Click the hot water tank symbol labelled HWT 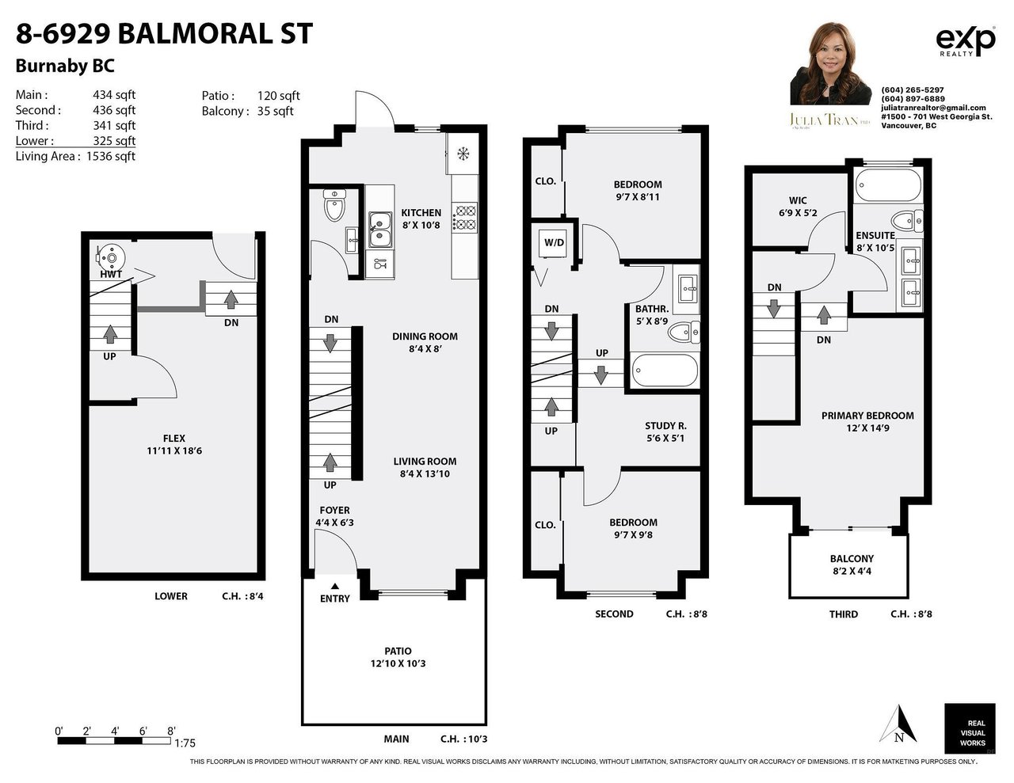(111, 257)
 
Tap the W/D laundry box (554, 243)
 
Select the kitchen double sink (380, 230)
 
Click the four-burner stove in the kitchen (465, 219)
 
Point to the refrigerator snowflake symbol (463, 154)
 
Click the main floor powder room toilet (334, 205)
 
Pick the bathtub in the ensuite (889, 185)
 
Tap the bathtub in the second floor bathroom (665, 371)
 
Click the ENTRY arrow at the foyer (335, 586)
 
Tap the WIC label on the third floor (798, 200)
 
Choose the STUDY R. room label (665, 426)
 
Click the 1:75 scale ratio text (185, 743)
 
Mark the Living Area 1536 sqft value (111, 156)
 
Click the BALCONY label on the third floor (852, 559)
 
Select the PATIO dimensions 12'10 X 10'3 (398, 663)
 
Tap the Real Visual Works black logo (970, 728)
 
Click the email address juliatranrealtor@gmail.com (933, 108)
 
